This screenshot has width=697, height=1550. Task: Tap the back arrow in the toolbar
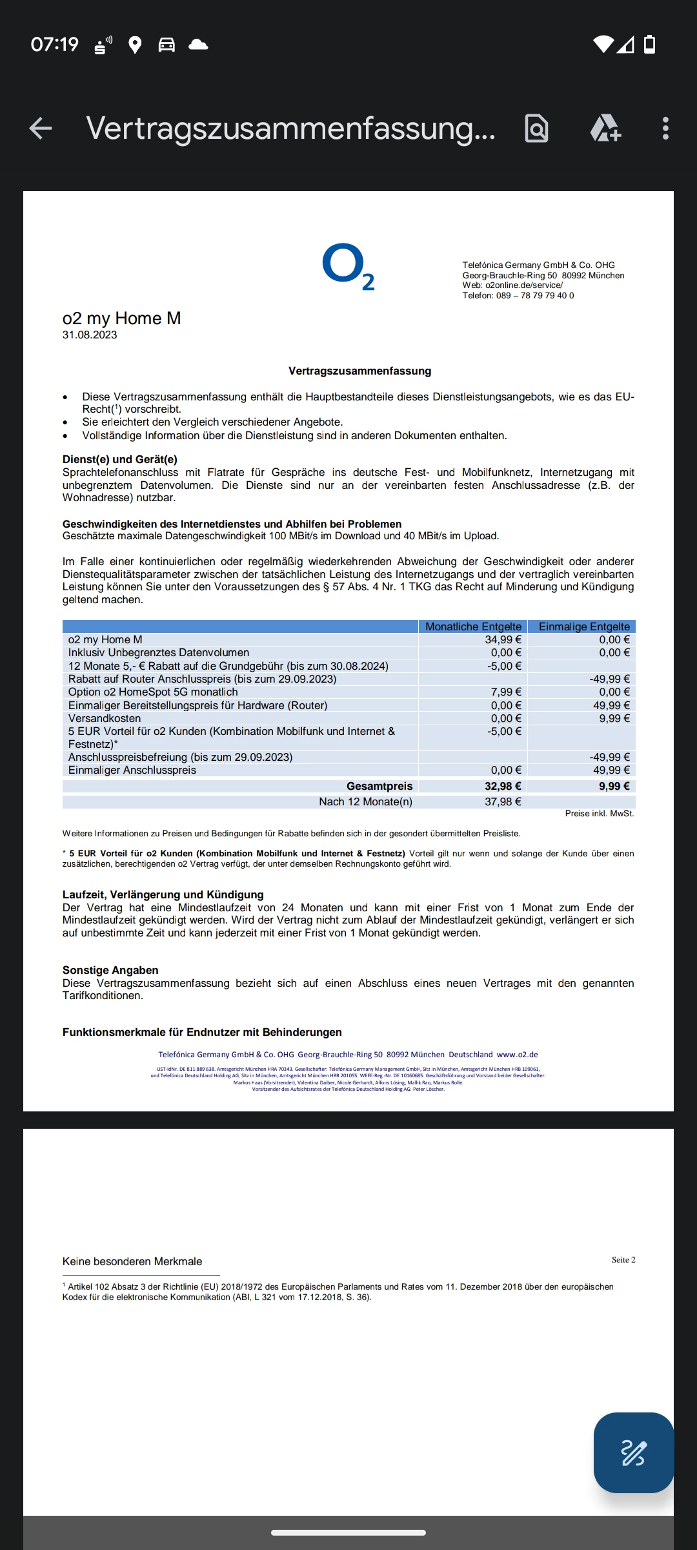tap(41, 128)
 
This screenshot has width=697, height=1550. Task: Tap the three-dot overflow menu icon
tap(665, 128)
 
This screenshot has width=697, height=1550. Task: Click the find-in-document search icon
tap(536, 128)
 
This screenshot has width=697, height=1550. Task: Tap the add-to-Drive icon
tap(605, 128)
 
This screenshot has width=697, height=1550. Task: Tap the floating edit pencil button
tap(633, 1452)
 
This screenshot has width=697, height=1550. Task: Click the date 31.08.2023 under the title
tap(90, 335)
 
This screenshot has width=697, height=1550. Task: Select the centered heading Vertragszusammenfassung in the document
tap(359, 371)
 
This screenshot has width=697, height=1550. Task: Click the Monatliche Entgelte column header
tap(473, 626)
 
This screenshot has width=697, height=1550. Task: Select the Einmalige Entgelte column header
tap(584, 626)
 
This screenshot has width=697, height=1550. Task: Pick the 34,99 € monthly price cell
tap(503, 639)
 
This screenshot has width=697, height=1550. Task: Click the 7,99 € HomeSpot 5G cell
tap(506, 692)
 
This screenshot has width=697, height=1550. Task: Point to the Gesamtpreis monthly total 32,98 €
tap(503, 786)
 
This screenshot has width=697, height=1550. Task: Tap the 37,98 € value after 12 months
tap(503, 801)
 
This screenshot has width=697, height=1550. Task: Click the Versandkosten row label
tap(105, 718)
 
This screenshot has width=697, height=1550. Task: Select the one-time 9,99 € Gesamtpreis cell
tap(614, 786)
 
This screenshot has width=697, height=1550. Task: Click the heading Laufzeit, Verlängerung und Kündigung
tap(163, 894)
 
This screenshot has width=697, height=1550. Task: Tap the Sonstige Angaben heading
tap(110, 970)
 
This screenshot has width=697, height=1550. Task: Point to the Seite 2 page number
tap(623, 1259)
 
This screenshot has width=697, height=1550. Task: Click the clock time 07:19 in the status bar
tap(55, 45)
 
